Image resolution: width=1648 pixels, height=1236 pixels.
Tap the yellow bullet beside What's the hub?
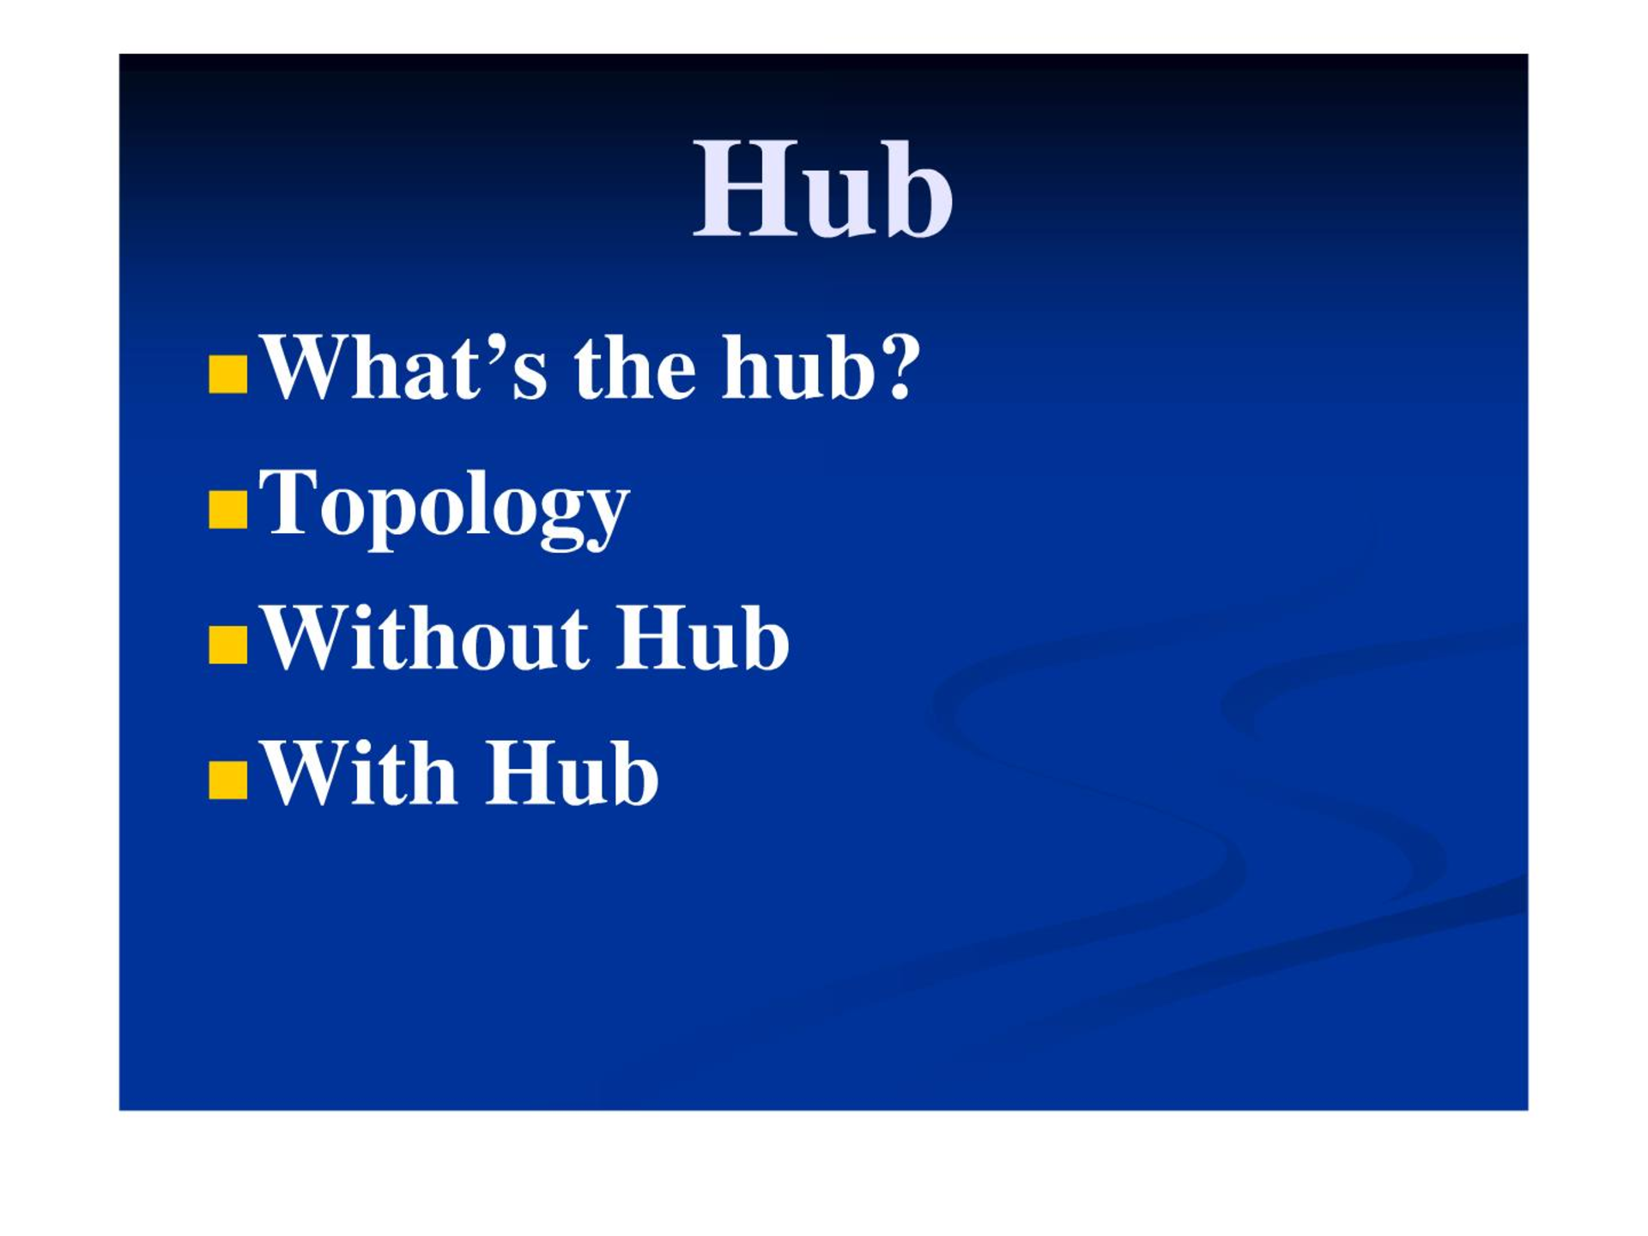228,374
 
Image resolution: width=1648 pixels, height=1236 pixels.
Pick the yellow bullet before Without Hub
228,645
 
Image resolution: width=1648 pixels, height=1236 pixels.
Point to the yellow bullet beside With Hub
228,779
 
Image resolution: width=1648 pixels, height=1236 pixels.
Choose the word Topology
445,506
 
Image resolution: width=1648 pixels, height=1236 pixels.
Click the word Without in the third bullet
426,638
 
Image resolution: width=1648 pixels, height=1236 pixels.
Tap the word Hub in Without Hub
703,638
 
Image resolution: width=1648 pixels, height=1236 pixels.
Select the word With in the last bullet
359,772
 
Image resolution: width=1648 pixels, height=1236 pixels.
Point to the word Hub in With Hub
573,772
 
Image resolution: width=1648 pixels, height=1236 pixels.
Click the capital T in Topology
289,502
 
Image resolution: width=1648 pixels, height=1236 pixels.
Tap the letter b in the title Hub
920,189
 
